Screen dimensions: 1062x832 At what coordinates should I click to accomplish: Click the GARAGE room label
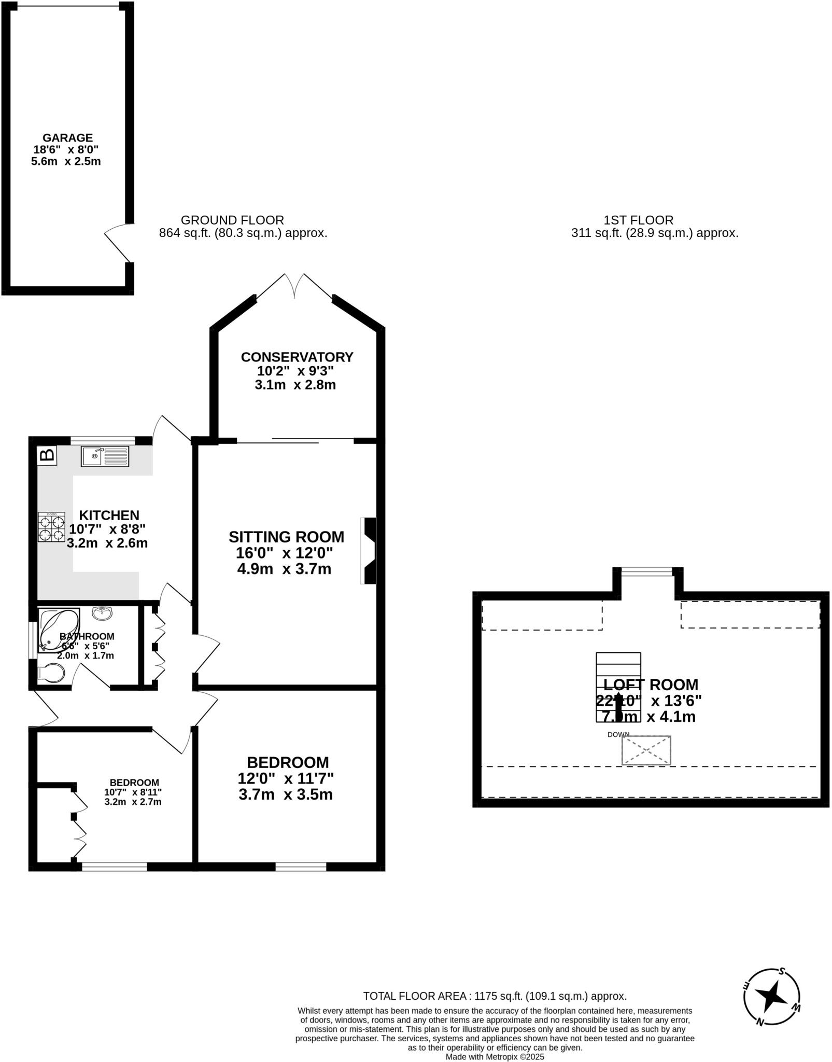tap(67, 138)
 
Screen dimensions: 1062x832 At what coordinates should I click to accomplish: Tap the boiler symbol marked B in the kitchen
tap(47, 455)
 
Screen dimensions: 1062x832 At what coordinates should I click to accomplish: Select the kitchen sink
tap(105, 456)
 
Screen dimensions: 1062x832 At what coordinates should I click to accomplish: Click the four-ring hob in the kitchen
tap(51, 527)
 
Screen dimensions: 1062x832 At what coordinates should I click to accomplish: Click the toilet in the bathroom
tap(51, 673)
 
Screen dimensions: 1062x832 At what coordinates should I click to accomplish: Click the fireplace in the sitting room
tap(369, 551)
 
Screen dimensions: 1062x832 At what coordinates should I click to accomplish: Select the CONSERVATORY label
tap(297, 357)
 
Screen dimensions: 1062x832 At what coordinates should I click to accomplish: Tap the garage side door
tap(118, 243)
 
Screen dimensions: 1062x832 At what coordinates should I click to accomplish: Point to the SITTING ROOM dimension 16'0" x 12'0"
tap(284, 553)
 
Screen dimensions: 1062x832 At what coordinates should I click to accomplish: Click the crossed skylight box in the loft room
tap(646, 750)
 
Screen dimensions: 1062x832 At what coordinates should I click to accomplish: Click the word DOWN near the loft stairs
tap(618, 734)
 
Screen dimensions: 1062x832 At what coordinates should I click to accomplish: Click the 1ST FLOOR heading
tap(638, 220)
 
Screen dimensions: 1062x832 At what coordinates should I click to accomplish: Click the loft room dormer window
tap(647, 571)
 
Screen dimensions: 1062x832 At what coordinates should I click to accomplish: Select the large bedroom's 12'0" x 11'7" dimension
tap(285, 778)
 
